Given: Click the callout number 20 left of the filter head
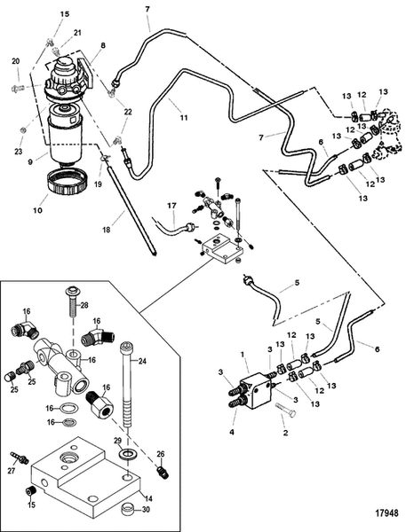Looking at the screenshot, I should click(x=15, y=60).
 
